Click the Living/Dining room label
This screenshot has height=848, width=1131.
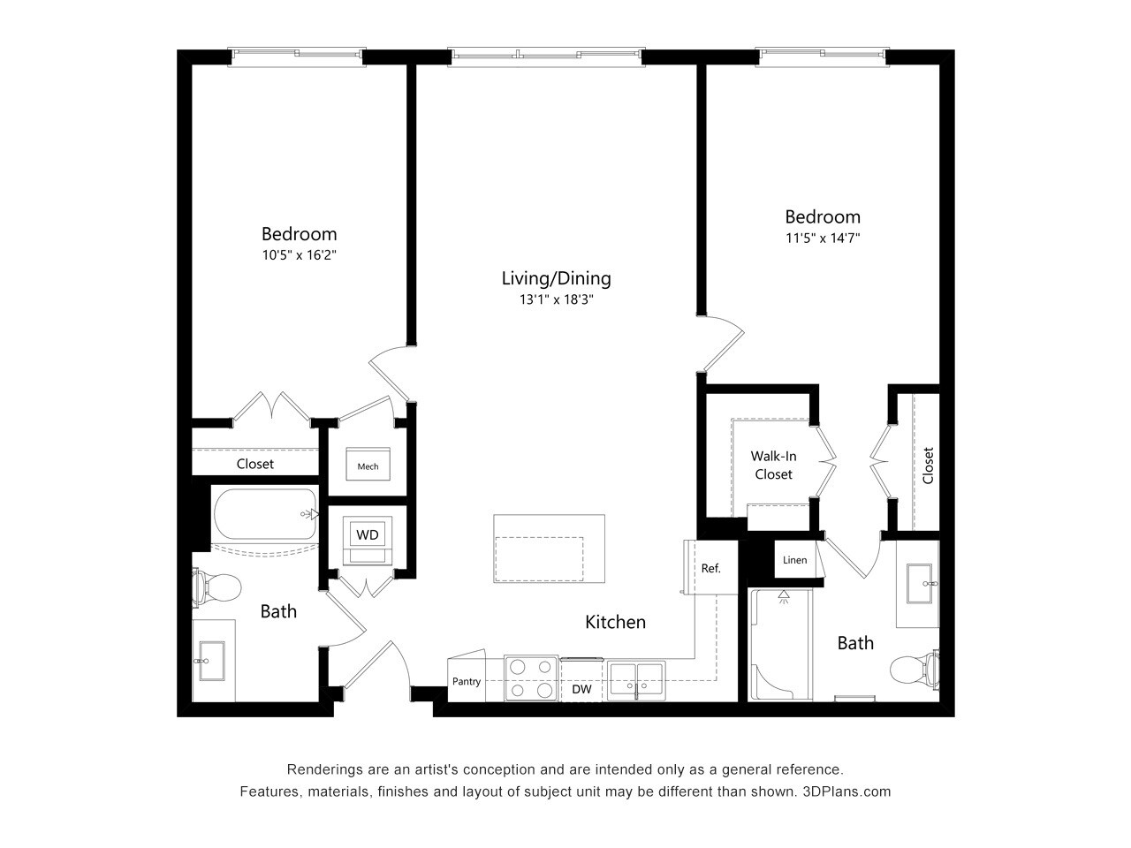click(x=556, y=278)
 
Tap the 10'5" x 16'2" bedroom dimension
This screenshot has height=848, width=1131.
click(x=300, y=255)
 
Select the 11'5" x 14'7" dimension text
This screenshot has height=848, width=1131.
click(x=823, y=238)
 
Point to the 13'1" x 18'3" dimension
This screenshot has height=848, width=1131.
click(x=556, y=299)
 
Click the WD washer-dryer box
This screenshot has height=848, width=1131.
click(x=367, y=534)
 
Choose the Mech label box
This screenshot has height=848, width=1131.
click(x=368, y=466)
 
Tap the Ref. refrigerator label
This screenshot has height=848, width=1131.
click(x=710, y=568)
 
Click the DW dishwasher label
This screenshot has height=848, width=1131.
click(x=581, y=689)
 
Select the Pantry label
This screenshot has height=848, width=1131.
click(x=467, y=681)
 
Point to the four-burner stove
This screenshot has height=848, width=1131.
click(x=531, y=678)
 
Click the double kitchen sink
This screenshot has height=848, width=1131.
click(x=636, y=677)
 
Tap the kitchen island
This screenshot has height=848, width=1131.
click(x=549, y=549)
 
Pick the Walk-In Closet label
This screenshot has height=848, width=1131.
click(x=773, y=466)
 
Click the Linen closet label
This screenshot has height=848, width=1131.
click(x=794, y=560)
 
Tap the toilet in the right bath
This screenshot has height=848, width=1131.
click(x=914, y=670)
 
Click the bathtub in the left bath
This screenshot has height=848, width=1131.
click(x=263, y=515)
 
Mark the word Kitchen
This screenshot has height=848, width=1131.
click(x=615, y=622)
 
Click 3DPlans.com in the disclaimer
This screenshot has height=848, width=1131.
click(x=846, y=791)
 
